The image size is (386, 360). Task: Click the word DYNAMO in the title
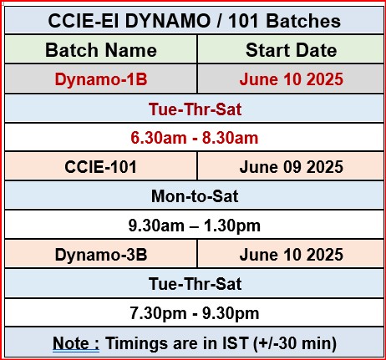[x=168, y=21]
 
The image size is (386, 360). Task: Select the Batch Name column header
[x=101, y=50]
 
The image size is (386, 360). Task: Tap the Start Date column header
[x=292, y=50]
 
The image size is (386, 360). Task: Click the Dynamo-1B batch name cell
[x=101, y=79]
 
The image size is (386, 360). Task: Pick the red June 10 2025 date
[x=292, y=79]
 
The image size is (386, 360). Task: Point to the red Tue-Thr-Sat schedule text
[x=195, y=109]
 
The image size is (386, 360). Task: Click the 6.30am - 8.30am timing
[x=195, y=138]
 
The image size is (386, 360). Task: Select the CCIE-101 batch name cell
[x=100, y=167]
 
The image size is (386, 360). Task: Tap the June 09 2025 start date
[x=292, y=167]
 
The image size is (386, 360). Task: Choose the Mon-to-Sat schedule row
[x=195, y=196]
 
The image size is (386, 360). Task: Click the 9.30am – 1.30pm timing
[x=195, y=226]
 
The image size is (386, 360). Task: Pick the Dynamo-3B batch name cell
[x=101, y=255]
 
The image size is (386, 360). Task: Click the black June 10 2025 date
[x=292, y=255]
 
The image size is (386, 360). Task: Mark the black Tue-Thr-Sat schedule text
[x=195, y=284]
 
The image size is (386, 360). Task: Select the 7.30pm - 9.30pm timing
[x=195, y=313]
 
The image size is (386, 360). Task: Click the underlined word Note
[x=71, y=343]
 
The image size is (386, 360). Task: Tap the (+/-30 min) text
[x=295, y=343]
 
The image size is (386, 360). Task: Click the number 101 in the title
[x=243, y=21]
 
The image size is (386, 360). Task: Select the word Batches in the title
[x=303, y=21]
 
